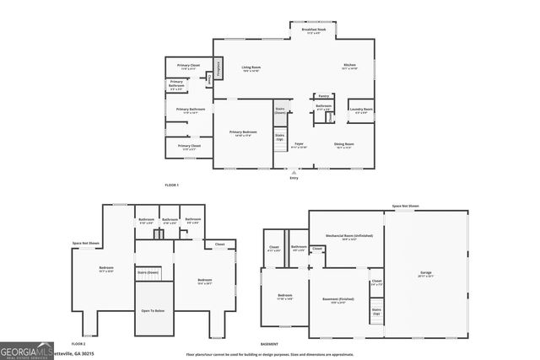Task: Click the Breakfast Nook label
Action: (x=316, y=31)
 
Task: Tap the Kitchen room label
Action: (x=349, y=67)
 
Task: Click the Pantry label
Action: (x=323, y=96)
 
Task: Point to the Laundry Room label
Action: (x=361, y=110)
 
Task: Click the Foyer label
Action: (x=299, y=144)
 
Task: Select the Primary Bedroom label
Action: (x=242, y=132)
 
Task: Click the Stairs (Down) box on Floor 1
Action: (x=279, y=110)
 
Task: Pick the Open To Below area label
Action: (x=153, y=310)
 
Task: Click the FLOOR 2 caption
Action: (x=78, y=344)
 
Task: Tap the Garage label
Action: (x=425, y=273)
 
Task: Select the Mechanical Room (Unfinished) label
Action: (x=347, y=237)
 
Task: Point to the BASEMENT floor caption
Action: (x=269, y=344)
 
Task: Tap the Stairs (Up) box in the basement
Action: (x=376, y=311)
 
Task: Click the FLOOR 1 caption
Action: (x=171, y=185)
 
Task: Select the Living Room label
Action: (x=251, y=67)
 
